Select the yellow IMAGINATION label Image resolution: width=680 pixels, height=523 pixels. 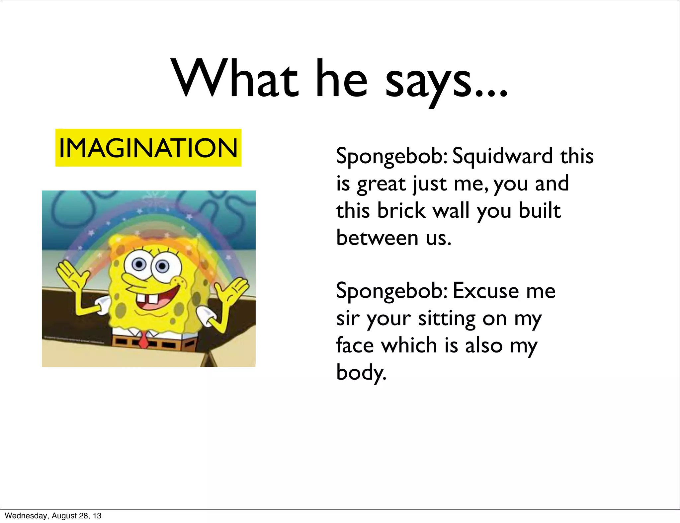(148, 148)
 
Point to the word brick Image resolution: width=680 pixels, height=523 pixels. (401, 210)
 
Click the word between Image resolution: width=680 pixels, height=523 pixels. (377, 238)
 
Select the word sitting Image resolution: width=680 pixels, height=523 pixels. (447, 319)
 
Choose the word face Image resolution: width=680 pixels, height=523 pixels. (355, 345)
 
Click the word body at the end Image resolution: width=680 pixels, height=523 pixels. (361, 373)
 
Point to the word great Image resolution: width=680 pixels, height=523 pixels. (382, 185)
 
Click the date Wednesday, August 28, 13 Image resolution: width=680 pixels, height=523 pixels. (53, 516)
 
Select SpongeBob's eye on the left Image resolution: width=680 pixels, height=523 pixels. (139, 264)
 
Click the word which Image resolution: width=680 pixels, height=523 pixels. (409, 345)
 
